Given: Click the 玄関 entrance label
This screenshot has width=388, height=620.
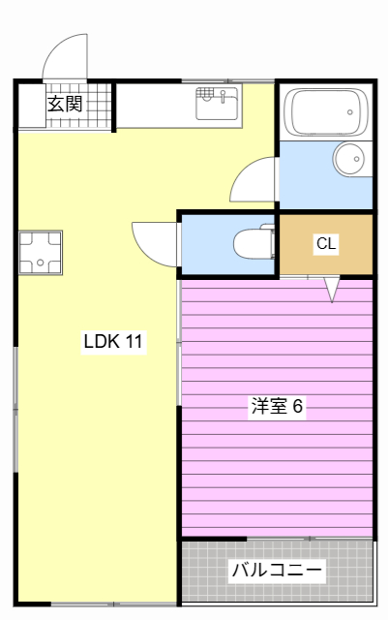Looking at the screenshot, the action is coord(65,104).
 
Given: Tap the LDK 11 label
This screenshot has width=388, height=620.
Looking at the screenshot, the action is coord(113,341).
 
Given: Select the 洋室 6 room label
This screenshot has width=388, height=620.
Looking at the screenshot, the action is coord(277,406).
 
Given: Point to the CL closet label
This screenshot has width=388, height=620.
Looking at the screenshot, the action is coord(326,243).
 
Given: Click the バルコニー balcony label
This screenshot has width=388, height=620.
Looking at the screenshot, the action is coord(277,571).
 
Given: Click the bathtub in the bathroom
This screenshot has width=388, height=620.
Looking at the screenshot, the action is coord(326,112).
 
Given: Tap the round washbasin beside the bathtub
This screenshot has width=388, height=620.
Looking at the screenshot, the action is coord(349,159).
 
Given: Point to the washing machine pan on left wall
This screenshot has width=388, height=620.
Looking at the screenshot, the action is coord(41,253).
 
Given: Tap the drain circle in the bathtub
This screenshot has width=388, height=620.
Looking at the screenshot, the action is coord(349,112).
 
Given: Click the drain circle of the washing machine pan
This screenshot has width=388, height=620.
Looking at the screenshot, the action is coord(40,263).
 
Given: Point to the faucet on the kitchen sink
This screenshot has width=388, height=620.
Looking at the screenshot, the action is coord(224,96).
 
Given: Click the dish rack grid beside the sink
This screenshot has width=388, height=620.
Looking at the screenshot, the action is coord(205,95).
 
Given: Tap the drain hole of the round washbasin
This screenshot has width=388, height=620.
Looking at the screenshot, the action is coord(356,159).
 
